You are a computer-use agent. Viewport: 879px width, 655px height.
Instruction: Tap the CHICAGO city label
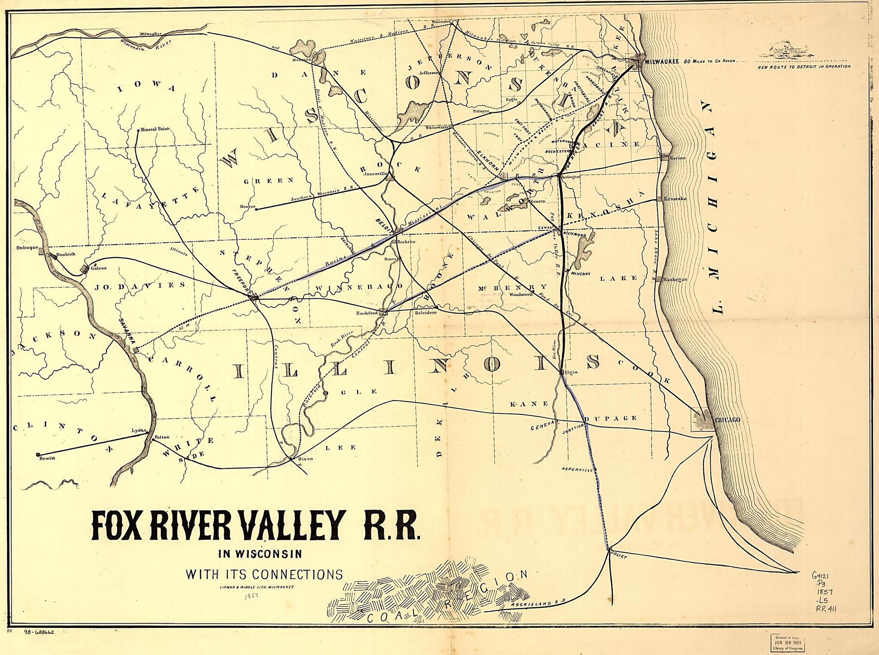pos(727,420)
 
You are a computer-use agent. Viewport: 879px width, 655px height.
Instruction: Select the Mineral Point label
pos(155,129)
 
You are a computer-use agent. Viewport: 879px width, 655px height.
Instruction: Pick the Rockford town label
pos(367,313)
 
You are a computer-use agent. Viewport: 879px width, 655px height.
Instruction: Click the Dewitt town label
pos(47,458)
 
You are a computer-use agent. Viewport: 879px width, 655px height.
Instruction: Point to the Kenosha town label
pos(675,199)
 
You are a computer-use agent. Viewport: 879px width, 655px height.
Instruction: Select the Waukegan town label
pos(675,279)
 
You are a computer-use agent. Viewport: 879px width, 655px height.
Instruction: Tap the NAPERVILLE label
pos(576,470)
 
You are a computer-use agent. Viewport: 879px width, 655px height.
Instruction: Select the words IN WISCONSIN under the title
pos(260,554)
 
